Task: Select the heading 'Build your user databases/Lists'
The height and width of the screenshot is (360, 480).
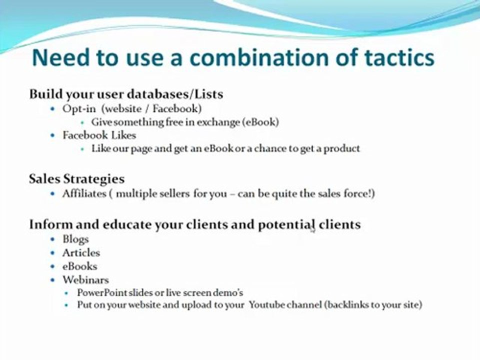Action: click(x=126, y=94)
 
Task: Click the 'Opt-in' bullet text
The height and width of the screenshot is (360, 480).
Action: click(x=78, y=108)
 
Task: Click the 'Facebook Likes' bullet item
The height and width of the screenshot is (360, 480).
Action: click(x=99, y=135)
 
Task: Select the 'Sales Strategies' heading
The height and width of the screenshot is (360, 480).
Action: click(x=76, y=179)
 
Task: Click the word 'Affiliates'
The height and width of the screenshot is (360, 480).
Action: click(x=83, y=193)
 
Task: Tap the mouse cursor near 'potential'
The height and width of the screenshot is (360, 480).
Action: click(x=312, y=228)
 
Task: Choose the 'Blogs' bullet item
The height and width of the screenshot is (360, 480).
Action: click(x=75, y=239)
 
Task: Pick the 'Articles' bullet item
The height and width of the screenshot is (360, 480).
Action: click(x=81, y=252)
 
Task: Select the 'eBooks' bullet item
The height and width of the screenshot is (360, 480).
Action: click(x=79, y=266)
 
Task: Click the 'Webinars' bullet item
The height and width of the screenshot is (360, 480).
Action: click(x=85, y=279)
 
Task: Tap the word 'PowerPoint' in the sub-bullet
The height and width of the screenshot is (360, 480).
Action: click(x=101, y=292)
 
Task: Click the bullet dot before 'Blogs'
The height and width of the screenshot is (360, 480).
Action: click(x=53, y=239)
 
